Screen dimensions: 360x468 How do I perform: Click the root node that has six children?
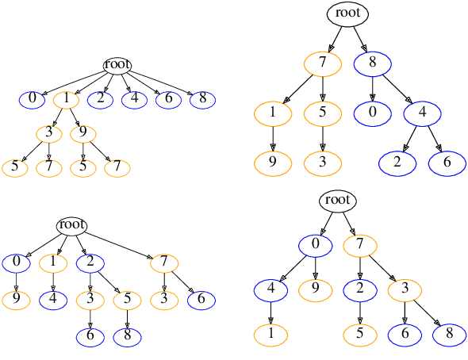[x=117, y=65]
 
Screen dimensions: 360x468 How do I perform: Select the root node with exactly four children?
[x=71, y=225]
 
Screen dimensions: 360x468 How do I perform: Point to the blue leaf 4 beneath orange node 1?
[x=53, y=300]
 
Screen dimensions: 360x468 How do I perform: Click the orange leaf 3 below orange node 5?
[x=323, y=163]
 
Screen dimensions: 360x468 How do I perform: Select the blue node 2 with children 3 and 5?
[x=90, y=262]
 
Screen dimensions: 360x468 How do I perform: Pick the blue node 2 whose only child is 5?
[x=360, y=289]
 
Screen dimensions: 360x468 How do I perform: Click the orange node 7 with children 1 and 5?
[x=323, y=63]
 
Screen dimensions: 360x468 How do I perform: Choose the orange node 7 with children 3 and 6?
[x=164, y=262]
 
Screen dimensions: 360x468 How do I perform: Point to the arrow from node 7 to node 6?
[x=183, y=281]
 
